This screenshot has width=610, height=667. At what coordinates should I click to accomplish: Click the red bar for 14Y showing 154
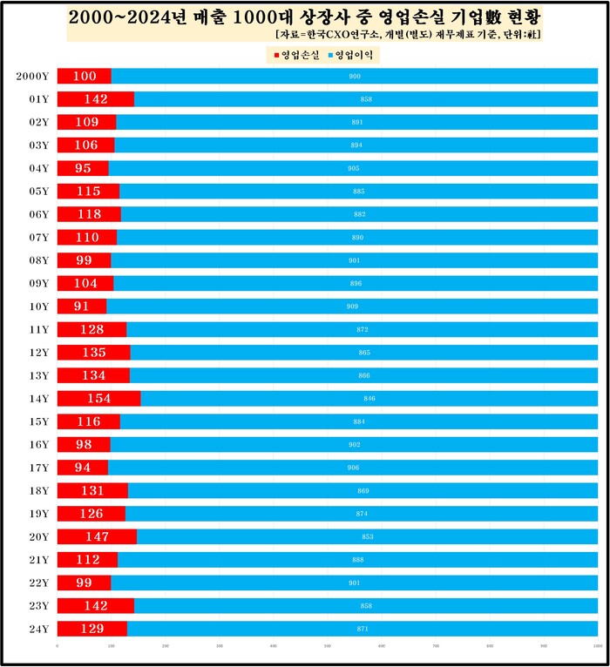[98, 398]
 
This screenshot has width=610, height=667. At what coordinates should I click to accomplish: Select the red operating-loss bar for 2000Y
[85, 77]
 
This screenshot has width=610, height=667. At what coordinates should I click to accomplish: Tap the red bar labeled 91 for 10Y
[82, 307]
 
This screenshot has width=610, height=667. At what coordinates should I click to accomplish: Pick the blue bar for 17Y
[353, 468]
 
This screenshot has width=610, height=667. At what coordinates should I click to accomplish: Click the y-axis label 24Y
[38, 629]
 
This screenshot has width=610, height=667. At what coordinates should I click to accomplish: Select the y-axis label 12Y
[38, 353]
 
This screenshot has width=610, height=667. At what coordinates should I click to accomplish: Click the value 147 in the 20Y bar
[97, 536]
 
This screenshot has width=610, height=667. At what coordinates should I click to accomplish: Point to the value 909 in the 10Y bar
[352, 307]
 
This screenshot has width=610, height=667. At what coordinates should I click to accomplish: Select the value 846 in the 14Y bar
[369, 399]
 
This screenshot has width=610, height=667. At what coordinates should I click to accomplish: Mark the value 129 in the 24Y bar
[91, 629]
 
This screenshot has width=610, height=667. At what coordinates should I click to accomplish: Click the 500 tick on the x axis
[327, 646]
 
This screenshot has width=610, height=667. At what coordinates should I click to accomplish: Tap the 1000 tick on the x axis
[596, 646]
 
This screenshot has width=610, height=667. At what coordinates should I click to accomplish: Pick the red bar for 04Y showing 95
[83, 168]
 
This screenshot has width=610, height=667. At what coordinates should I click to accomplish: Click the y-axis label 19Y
[38, 514]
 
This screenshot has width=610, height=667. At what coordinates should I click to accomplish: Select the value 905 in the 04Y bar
[353, 168]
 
